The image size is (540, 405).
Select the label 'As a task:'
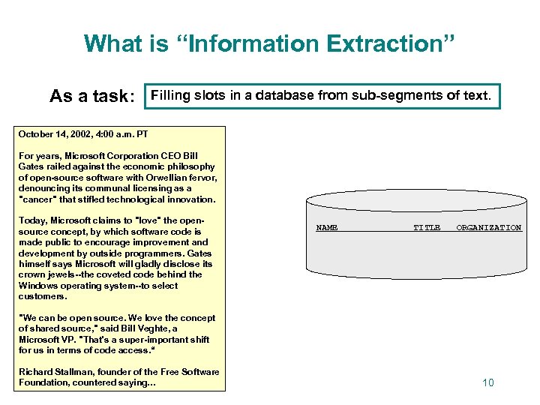[91, 97]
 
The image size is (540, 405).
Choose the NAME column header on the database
[327, 227]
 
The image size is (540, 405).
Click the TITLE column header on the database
[427, 227]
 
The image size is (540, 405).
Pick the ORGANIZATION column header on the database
[489, 227]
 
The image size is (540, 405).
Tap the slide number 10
[487, 383]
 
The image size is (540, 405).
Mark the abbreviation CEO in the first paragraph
[151, 156]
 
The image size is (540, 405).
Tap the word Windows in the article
[38, 286]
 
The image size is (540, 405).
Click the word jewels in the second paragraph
[64, 274]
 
